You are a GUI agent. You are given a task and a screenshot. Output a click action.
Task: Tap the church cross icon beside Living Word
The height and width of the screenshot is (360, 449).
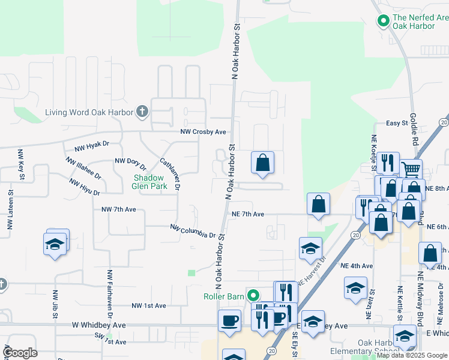(142, 112)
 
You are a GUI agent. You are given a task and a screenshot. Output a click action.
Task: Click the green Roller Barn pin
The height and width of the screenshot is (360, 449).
(253, 295)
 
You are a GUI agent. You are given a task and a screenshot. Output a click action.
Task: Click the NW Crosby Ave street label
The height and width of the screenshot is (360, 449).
(203, 132)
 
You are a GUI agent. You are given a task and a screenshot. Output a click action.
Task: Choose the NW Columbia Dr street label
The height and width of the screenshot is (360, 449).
(192, 231)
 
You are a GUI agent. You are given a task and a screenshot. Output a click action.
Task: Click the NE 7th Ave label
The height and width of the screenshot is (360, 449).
(248, 214)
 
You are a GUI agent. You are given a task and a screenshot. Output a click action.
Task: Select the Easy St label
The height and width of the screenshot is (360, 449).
(397, 123)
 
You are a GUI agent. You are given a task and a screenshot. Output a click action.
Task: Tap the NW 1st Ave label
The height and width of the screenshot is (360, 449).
(148, 306)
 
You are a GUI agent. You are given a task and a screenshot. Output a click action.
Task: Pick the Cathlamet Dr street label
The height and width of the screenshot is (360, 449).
(170, 174)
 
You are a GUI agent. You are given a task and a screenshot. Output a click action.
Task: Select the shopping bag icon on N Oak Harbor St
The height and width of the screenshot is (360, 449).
(262, 163)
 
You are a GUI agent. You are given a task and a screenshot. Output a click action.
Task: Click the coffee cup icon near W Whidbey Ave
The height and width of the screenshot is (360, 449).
(229, 320)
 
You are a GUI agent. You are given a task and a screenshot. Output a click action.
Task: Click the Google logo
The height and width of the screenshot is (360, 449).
(20, 353)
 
